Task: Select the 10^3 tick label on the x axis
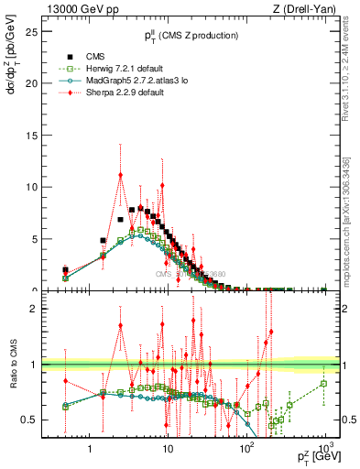click(324, 451)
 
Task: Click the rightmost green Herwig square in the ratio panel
click(324, 383)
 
